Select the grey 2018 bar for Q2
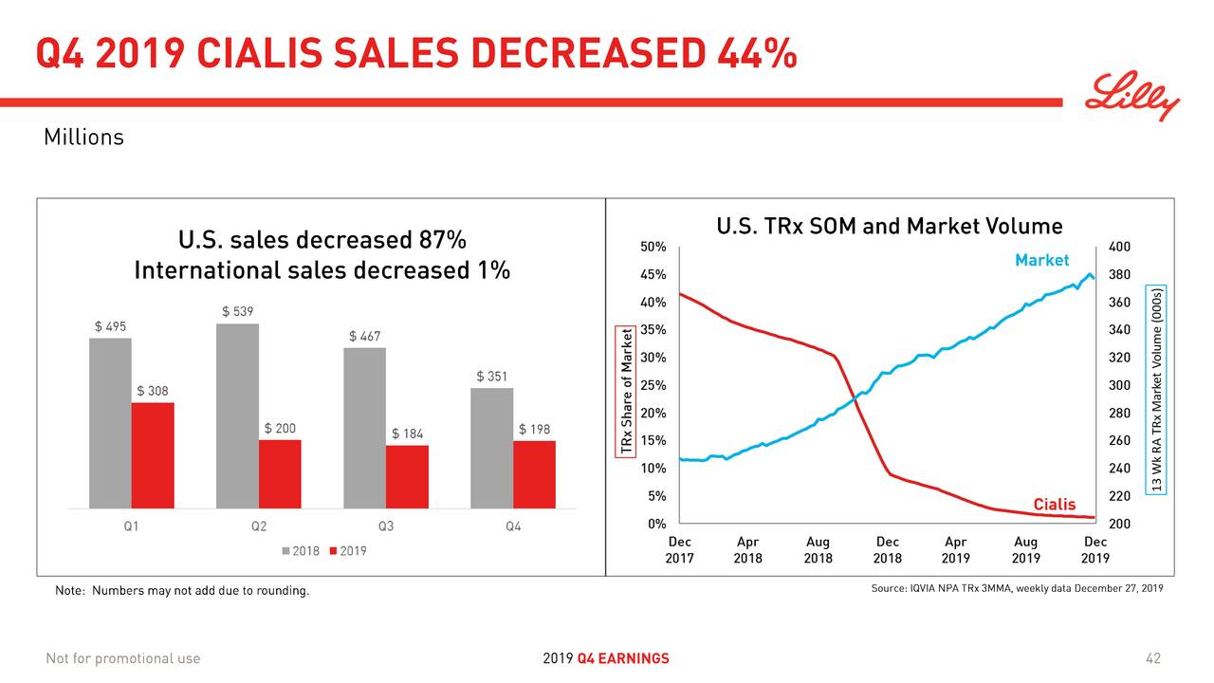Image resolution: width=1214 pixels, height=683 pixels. click(237, 415)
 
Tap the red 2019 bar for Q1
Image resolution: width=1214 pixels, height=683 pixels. click(153, 455)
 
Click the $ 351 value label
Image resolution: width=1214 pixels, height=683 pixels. click(492, 377)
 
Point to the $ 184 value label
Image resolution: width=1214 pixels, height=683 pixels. click(407, 434)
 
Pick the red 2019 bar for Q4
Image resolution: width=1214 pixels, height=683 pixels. click(534, 474)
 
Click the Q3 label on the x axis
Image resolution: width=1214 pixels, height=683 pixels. click(386, 526)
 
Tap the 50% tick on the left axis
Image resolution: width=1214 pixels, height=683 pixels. click(653, 248)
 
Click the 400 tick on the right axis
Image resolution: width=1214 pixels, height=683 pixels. click(1119, 248)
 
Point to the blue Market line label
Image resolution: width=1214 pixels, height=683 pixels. click(1041, 260)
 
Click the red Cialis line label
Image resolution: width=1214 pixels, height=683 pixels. click(1054, 505)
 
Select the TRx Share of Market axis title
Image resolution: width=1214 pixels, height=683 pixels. click(626, 391)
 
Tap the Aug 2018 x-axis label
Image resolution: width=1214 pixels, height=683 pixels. click(818, 550)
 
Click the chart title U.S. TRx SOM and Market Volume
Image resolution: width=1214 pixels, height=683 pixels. click(889, 227)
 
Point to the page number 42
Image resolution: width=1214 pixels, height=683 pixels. click(1152, 658)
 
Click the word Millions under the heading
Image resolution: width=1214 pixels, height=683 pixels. click(83, 138)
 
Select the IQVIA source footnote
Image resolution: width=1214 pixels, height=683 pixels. click(1016, 589)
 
